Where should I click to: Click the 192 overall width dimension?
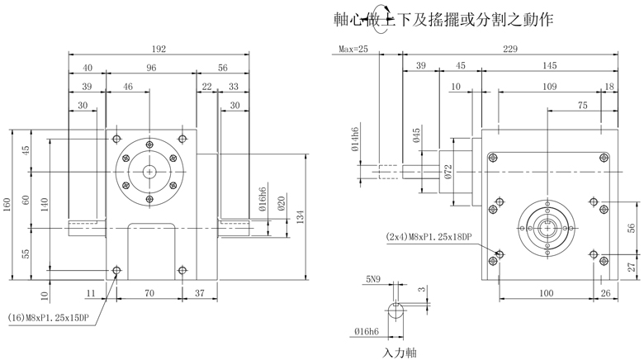click(x=159, y=50)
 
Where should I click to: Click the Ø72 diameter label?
click(x=447, y=172)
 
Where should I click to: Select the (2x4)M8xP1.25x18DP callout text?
click(x=429, y=237)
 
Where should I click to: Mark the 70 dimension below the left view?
click(x=149, y=292)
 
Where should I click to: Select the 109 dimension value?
click(x=547, y=87)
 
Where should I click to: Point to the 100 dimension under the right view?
click(x=546, y=292)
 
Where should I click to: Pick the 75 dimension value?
click(x=583, y=105)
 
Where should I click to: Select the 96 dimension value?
click(x=151, y=68)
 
